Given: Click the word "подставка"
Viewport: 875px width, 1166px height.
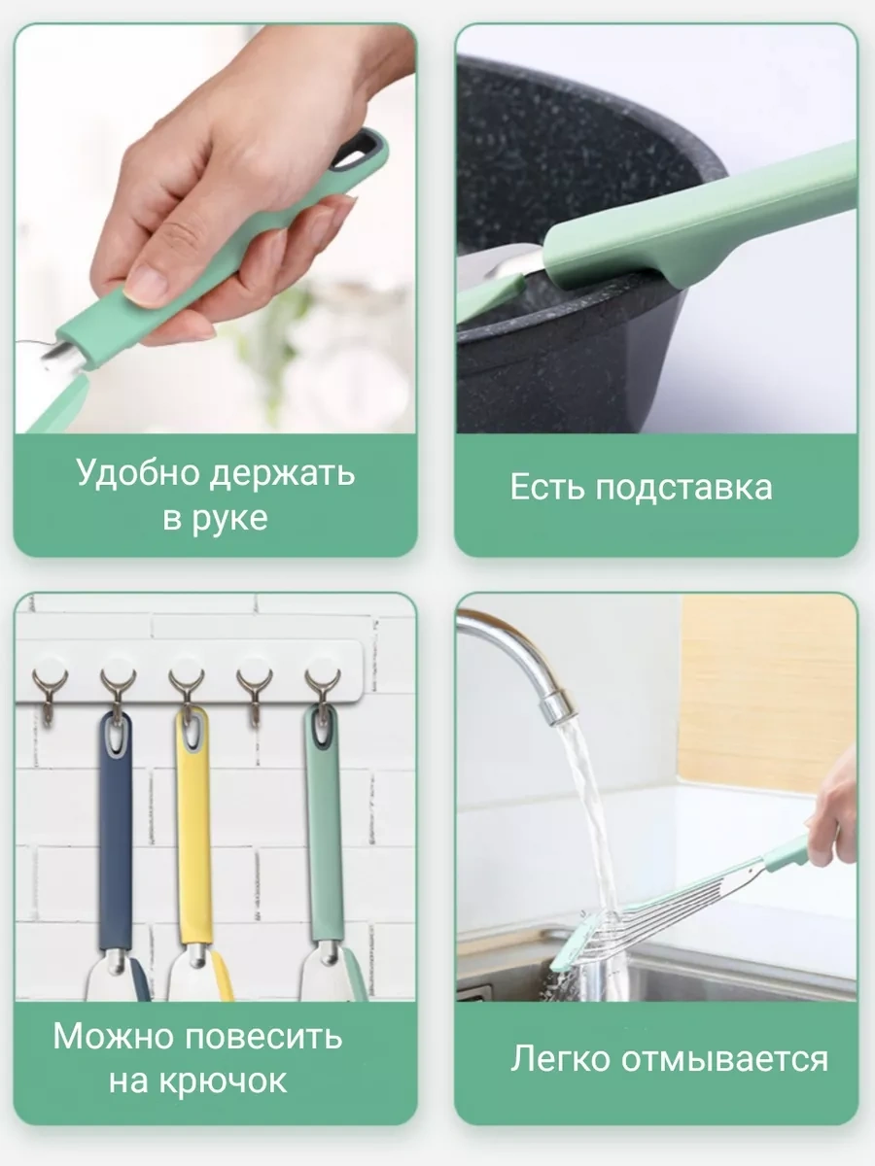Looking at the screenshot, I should (x=683, y=487).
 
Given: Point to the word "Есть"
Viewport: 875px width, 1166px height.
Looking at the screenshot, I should (x=546, y=487).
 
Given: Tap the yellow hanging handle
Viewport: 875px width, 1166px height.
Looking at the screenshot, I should (x=192, y=826).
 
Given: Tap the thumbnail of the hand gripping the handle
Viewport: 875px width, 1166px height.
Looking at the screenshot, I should (x=216, y=229).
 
